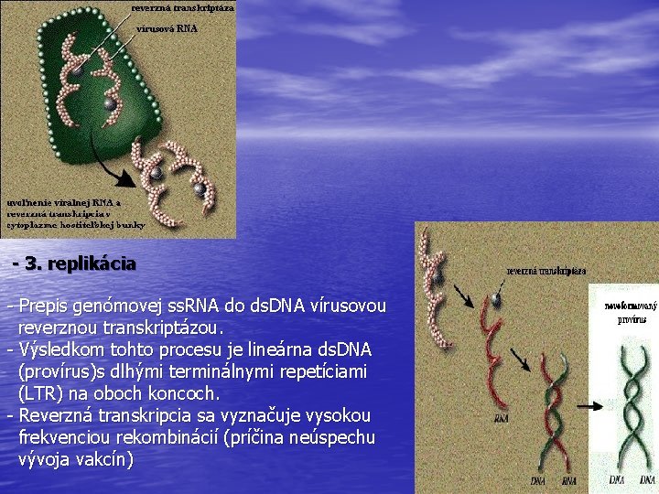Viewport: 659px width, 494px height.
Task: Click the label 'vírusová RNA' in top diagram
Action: pyautogui.click(x=167, y=28)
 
